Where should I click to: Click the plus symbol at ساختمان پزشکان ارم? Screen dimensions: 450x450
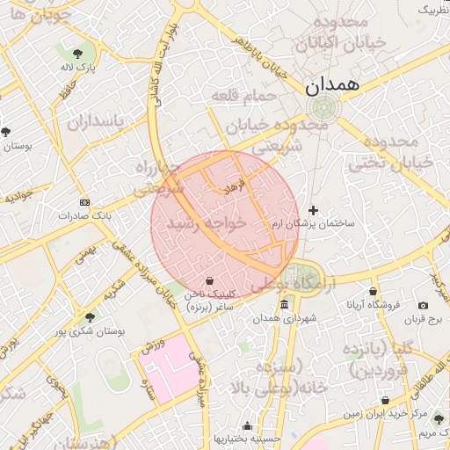[314, 209]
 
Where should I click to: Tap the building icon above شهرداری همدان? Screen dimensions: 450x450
[283, 305]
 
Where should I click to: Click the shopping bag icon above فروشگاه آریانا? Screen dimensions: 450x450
[373, 291]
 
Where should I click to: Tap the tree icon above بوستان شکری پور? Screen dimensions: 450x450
[89, 318]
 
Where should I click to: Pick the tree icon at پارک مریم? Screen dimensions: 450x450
[438, 420]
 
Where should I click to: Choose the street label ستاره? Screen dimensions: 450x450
[150, 388]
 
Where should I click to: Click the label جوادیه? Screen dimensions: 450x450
[18, 196]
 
